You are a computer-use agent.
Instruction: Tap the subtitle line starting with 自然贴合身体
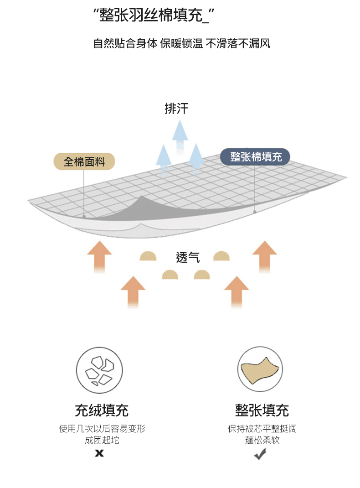coord(181,44)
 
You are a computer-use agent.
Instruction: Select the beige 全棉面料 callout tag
coord(84,161)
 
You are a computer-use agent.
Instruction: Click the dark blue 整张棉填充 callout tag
coord(255,157)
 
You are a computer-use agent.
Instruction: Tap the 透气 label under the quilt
coord(188,258)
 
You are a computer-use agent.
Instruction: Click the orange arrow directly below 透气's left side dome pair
coord(133,292)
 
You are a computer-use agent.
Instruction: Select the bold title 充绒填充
coord(102,410)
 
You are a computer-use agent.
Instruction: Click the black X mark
coord(99,453)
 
